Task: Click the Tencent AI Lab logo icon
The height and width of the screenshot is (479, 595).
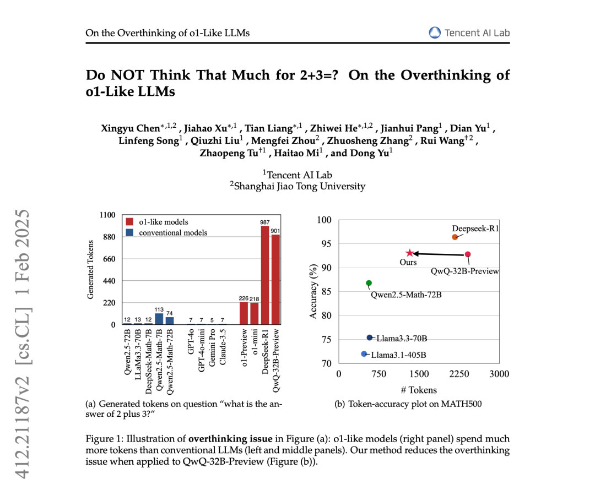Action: tap(435, 32)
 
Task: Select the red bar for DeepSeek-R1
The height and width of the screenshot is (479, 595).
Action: tap(265, 275)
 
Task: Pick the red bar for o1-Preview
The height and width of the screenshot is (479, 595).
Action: tap(244, 313)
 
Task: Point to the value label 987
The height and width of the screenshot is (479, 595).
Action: tap(265, 222)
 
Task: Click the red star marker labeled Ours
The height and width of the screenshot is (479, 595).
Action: tap(409, 253)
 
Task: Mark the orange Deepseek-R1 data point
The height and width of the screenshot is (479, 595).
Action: tap(455, 237)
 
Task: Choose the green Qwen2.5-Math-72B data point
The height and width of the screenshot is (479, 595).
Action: tap(369, 283)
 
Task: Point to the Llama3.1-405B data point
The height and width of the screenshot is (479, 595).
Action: tap(364, 353)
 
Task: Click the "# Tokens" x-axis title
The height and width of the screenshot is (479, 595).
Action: tap(419, 390)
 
